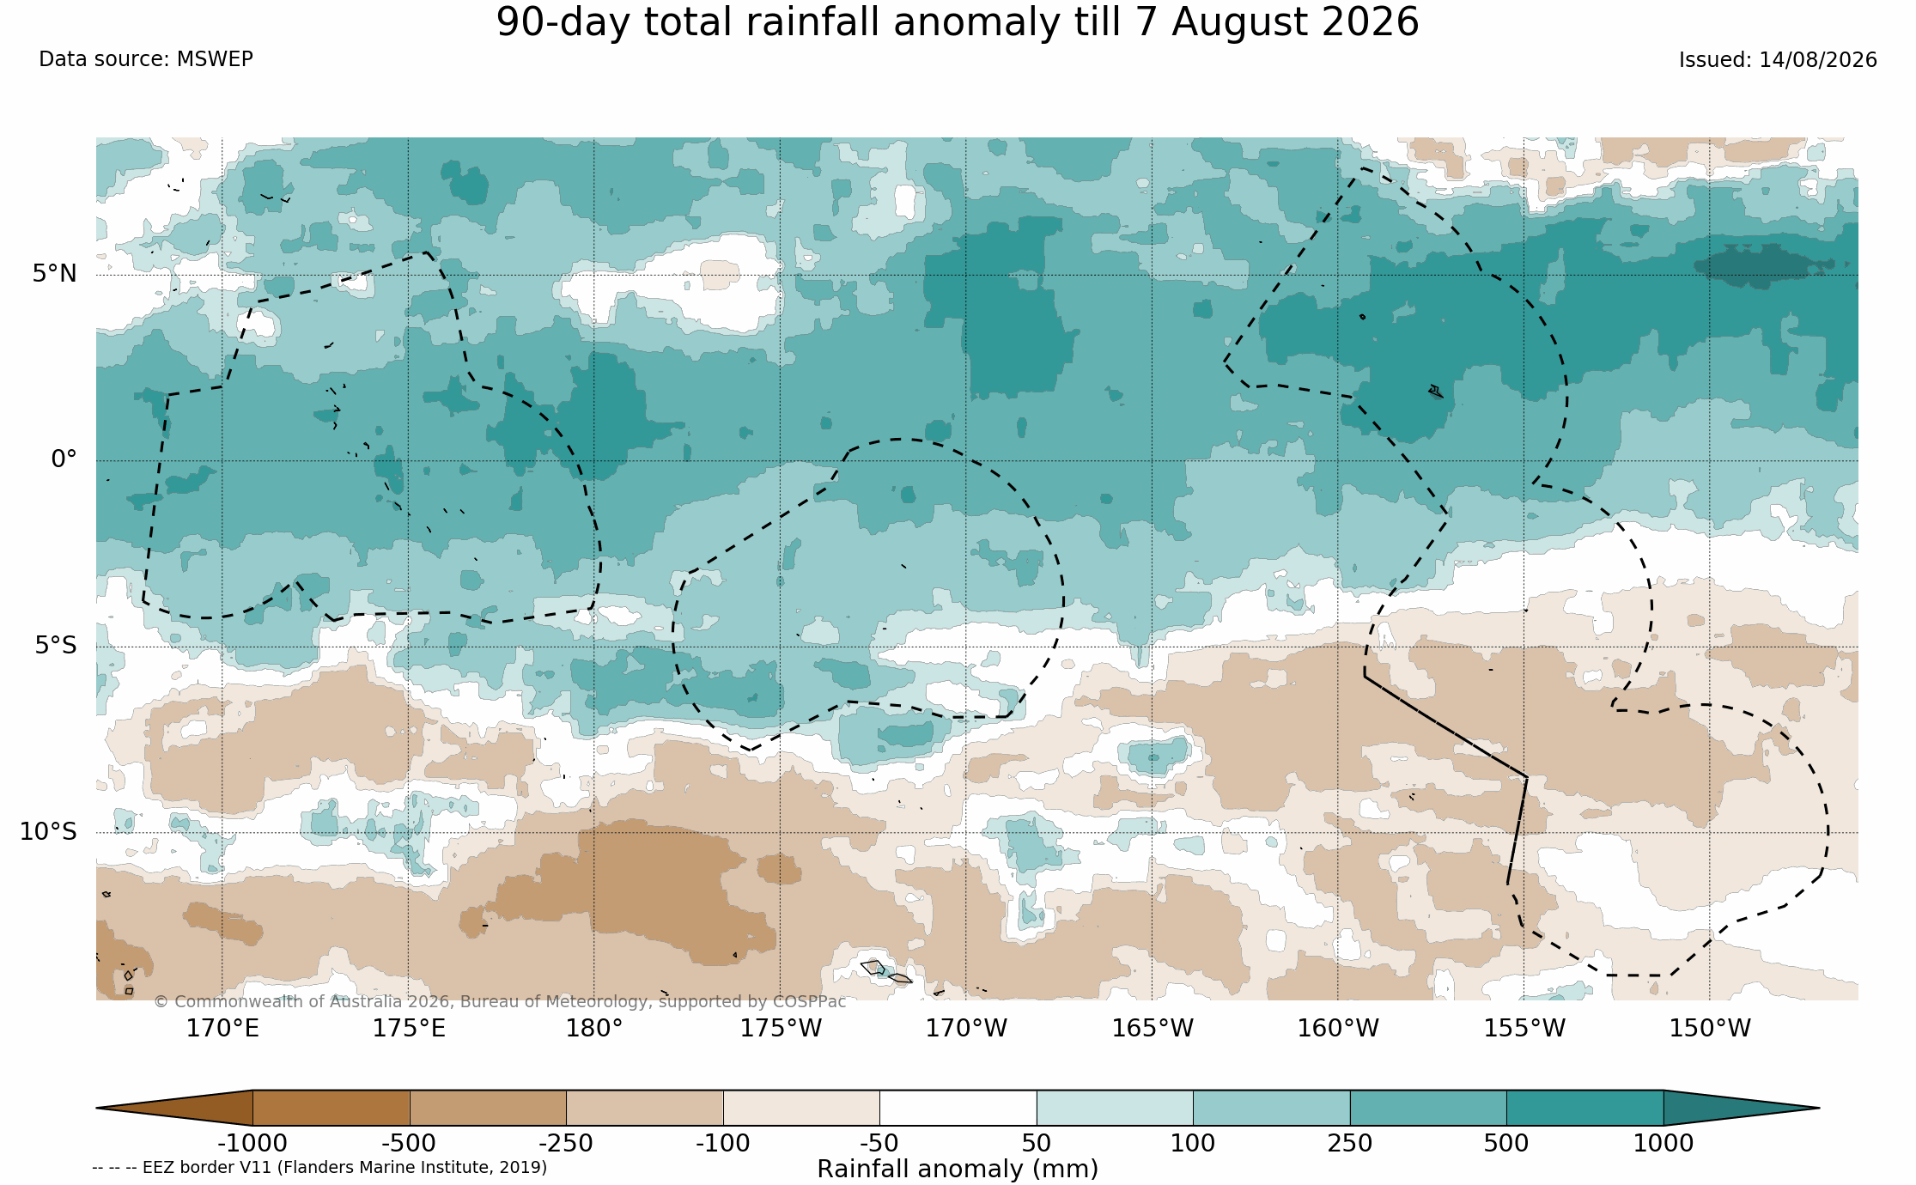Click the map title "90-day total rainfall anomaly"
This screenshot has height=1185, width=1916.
tap(810, 22)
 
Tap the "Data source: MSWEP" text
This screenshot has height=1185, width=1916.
tap(146, 59)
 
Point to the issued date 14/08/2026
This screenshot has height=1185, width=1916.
tap(1817, 60)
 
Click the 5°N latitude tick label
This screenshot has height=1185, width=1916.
tap(55, 273)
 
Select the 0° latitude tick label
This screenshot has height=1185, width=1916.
tap(64, 459)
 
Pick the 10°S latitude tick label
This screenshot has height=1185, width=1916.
tap(48, 831)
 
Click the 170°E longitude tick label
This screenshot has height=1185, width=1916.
tap(222, 1028)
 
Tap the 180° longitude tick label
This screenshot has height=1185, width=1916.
tap(593, 1028)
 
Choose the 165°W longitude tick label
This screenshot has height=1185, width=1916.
tap(1153, 1028)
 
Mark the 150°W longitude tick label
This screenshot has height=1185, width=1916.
tap(1710, 1028)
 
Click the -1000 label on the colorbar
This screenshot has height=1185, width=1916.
tap(252, 1144)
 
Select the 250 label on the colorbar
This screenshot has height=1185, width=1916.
tap(1350, 1144)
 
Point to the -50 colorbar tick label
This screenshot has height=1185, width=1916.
tap(879, 1144)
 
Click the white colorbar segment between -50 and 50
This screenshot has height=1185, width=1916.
tap(958, 1108)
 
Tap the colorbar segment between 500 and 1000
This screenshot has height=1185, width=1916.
tap(1585, 1108)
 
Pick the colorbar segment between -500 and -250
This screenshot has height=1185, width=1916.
tap(488, 1108)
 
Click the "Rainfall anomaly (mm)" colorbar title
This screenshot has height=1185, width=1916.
tap(958, 1170)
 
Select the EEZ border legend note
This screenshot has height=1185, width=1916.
tap(319, 1168)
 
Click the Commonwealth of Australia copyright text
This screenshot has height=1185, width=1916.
tap(500, 1002)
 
